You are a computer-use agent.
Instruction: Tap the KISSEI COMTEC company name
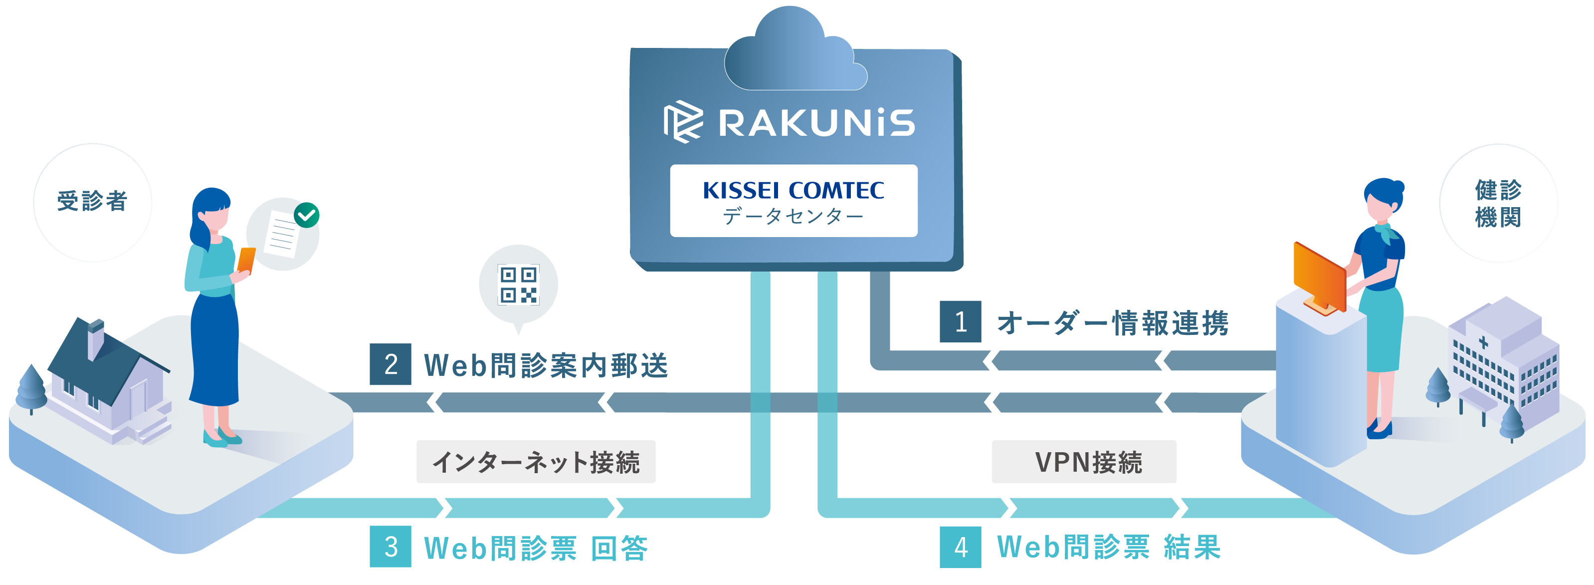(794, 190)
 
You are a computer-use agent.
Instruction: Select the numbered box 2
(391, 364)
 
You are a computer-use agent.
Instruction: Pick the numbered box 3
(391, 547)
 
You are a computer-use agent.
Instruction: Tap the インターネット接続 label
(536, 462)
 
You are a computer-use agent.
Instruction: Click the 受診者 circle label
(92, 202)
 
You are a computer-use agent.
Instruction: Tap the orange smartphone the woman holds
(246, 260)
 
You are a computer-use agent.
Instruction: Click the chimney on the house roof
(95, 337)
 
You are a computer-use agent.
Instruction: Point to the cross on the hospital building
(1483, 342)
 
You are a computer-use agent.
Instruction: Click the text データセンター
(794, 216)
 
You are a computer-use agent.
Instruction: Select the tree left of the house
(30, 387)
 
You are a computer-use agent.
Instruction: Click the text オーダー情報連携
(1112, 322)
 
